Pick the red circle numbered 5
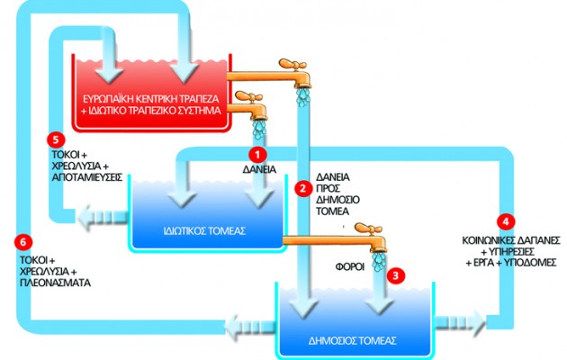58,139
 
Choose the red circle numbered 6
22,241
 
